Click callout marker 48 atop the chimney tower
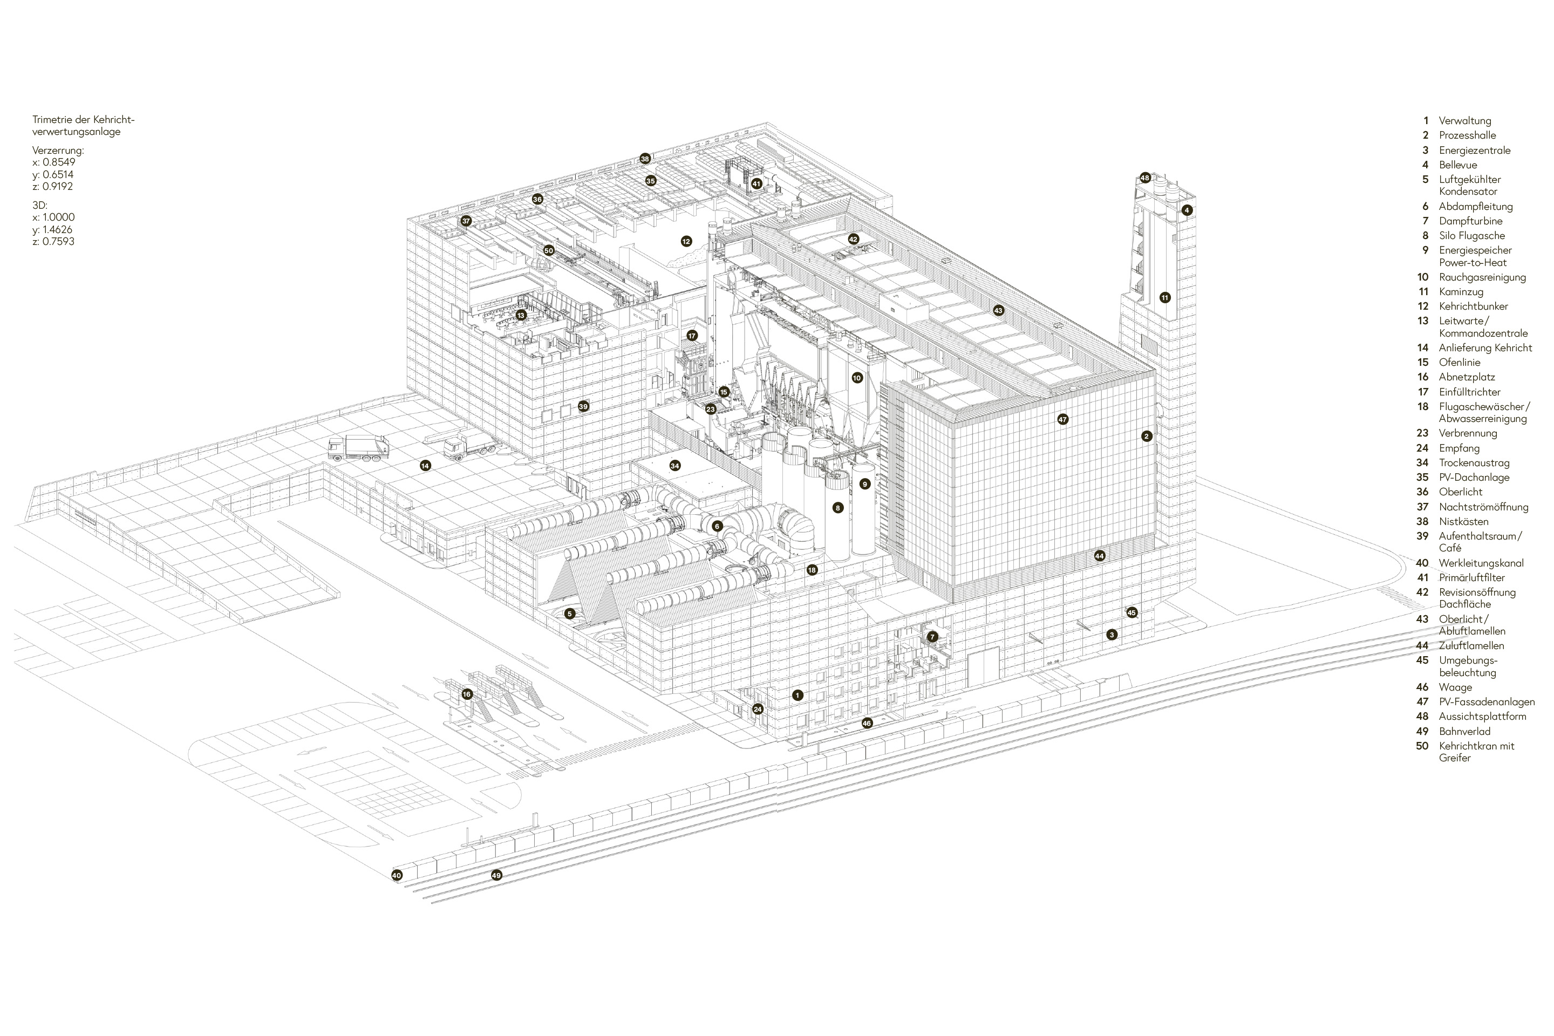pos(1145,178)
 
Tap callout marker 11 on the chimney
pos(1165,297)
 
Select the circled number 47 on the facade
pos(1062,419)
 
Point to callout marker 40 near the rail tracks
pos(397,875)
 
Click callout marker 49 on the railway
pos(496,875)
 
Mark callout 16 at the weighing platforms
pos(467,694)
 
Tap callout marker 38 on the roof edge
pos(645,159)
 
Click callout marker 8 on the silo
pos(838,508)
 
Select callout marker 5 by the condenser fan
pos(570,614)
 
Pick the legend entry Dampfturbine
pos(1471,221)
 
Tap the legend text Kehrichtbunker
pos(1474,306)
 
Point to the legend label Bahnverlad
pos(1465,732)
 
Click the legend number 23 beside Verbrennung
pos(1422,433)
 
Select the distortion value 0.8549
pos(59,162)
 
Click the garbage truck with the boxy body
pos(359,448)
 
